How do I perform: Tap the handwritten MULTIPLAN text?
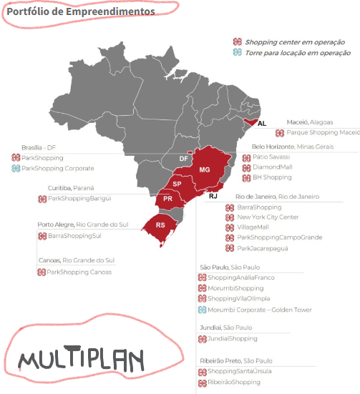tap(81, 358)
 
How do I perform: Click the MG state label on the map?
tap(205, 169)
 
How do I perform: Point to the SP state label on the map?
tap(177, 184)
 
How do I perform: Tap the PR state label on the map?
tap(167, 198)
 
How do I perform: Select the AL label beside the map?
tap(262, 124)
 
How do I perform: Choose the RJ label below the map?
tap(213, 195)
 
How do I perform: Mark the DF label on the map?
tap(183, 159)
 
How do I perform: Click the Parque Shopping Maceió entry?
tap(323, 132)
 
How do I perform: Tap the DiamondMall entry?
tap(273, 167)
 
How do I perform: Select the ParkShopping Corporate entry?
tap(58, 168)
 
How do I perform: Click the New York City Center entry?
tap(268, 217)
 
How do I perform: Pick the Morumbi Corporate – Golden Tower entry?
tap(260, 310)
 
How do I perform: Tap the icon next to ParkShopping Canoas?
tap(41, 272)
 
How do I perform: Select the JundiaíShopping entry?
tap(233, 339)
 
